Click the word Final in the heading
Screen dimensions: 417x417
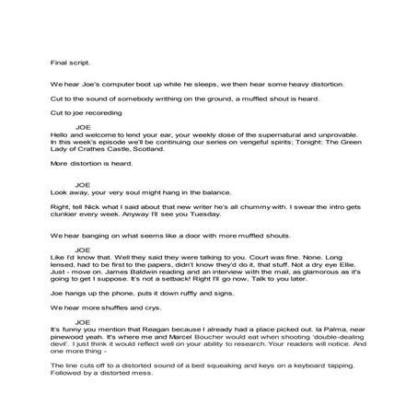[x=60, y=64]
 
